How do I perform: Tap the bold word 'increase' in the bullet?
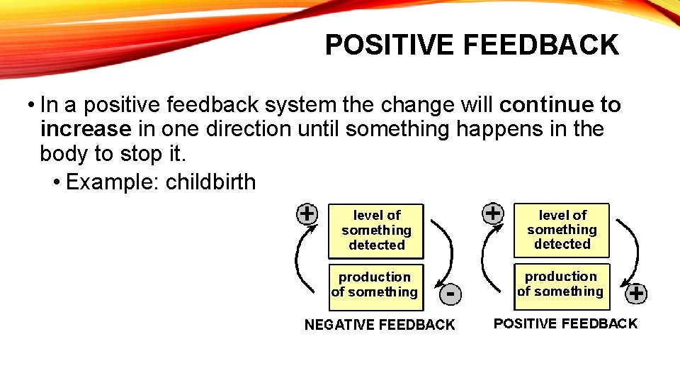point(86,129)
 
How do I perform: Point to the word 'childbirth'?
point(210,182)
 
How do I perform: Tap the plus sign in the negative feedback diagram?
point(307,213)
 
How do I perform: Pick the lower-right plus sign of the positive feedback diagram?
point(637,293)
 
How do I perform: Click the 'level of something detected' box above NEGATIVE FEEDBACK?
point(376,231)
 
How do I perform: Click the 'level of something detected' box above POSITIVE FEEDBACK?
point(562,229)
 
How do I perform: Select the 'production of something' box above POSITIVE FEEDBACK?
point(561,284)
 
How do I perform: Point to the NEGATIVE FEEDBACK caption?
point(380,325)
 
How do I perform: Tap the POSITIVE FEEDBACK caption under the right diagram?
point(565,324)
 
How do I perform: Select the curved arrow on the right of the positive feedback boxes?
point(631,248)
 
